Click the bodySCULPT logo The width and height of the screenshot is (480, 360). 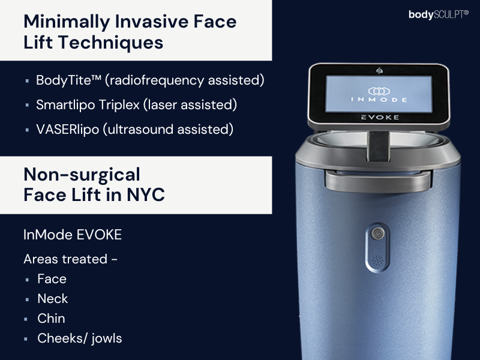pyautogui.click(x=439, y=14)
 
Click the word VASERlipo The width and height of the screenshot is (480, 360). pyautogui.click(x=68, y=130)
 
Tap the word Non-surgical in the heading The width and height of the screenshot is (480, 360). pyautogui.click(x=82, y=175)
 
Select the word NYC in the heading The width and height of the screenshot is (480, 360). pyautogui.click(x=146, y=194)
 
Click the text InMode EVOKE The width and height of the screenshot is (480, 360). pyautogui.click(x=73, y=235)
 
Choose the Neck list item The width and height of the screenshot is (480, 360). pyautogui.click(x=53, y=299)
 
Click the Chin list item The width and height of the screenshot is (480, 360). pyautogui.click(x=51, y=319)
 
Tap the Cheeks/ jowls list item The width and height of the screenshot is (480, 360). pyautogui.click(x=80, y=338)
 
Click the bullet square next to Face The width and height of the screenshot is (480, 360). pyautogui.click(x=27, y=280)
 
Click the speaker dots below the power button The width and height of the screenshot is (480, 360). pyautogui.click(x=378, y=260)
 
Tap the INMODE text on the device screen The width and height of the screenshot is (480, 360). pyautogui.click(x=379, y=100)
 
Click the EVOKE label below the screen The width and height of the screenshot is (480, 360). pyautogui.click(x=380, y=117)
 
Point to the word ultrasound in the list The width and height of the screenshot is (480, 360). pyautogui.click(x=140, y=130)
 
